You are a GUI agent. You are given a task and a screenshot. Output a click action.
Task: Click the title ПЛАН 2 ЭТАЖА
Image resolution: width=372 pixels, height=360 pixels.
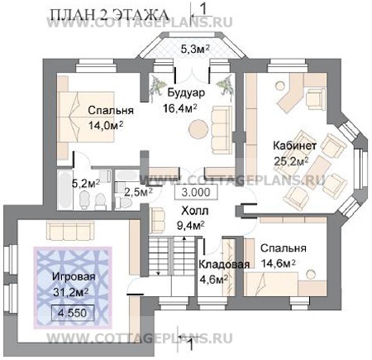coord(109,15)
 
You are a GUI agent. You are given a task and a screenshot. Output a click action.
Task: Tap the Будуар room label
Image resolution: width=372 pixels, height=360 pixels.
coord(186,93)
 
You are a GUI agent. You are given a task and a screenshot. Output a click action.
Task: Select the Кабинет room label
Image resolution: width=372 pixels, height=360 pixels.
coord(294,146)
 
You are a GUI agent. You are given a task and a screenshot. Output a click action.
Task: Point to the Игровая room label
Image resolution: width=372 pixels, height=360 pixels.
coord(74,276)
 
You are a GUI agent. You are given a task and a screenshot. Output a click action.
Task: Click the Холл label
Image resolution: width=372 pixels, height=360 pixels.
coord(195,211)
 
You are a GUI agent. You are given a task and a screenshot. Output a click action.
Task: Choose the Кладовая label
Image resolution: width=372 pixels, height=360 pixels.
coord(224,265)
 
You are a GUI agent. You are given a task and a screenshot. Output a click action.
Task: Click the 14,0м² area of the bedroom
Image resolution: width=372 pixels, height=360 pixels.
coord(106,125)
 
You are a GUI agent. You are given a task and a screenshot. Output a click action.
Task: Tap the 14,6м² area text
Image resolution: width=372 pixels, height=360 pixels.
coord(279,263)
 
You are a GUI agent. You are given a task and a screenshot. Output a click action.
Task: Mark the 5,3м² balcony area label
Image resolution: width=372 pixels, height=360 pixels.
coord(195,50)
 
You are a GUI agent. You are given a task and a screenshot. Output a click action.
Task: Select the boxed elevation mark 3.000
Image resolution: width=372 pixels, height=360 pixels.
coord(196,192)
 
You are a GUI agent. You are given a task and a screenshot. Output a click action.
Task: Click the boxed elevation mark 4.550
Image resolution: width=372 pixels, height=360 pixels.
coord(73,313)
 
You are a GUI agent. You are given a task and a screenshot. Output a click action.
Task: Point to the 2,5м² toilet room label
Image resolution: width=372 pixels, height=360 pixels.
coord(138,191)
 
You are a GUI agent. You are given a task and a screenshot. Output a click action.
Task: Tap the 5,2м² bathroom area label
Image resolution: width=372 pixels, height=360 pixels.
coord(86,183)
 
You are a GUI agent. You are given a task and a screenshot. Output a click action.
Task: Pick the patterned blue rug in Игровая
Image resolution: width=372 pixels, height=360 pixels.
coord(73,288)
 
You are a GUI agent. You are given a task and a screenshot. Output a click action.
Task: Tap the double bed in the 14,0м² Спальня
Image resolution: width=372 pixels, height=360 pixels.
coord(86,117)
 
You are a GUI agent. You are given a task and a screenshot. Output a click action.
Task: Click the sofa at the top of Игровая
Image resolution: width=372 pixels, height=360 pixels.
coord(70,230)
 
